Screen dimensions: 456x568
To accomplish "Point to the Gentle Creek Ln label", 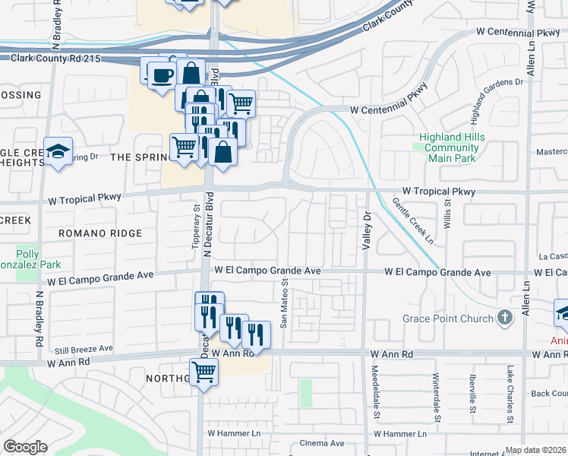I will point(412,221).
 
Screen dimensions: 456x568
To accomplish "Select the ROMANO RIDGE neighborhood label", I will point(101,233).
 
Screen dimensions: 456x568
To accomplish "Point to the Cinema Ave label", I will point(321,443).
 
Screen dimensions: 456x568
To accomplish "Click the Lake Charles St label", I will point(510,394).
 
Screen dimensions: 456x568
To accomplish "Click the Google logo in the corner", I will point(25,447).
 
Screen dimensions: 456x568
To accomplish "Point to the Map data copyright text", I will point(535,450).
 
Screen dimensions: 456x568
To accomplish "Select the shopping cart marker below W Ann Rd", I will point(204,372).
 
